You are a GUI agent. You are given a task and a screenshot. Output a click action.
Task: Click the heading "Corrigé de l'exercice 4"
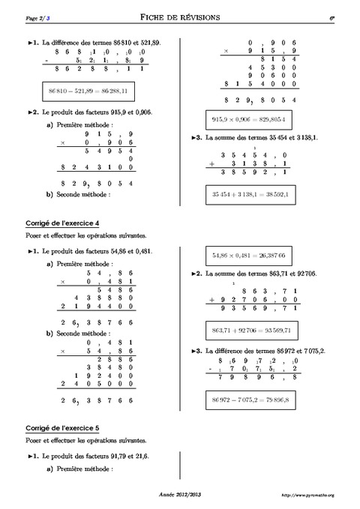(x=56, y=223)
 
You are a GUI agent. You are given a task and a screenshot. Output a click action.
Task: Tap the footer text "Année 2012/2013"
(x=179, y=496)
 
